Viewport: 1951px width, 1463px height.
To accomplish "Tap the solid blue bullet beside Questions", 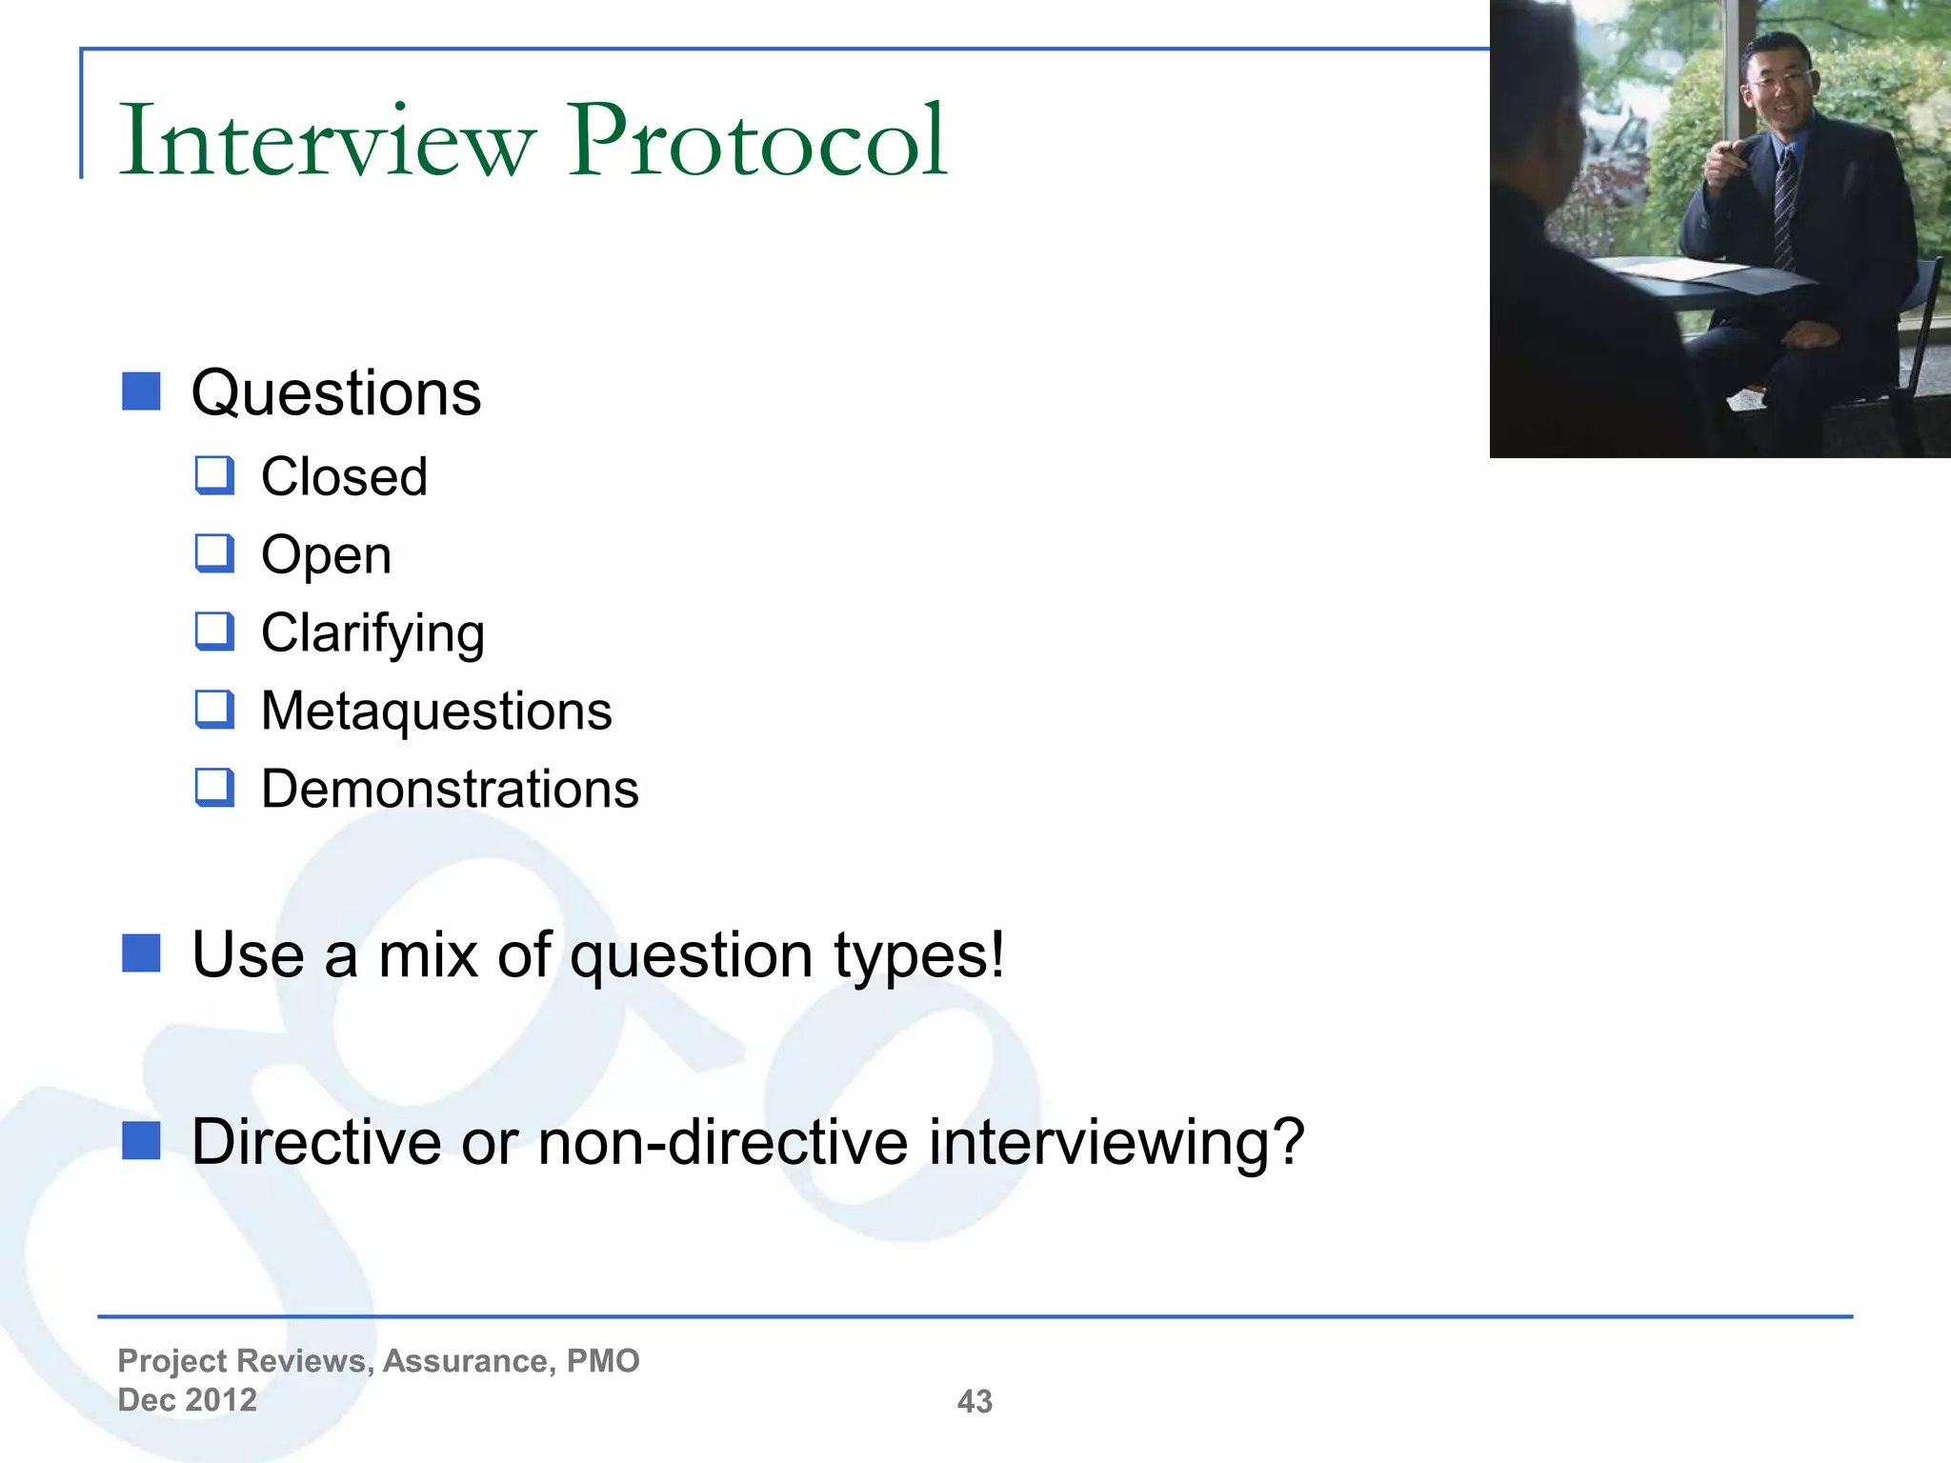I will point(141,391).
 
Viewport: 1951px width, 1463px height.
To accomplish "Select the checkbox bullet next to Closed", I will point(214,475).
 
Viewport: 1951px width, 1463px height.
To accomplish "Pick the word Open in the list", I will point(326,555).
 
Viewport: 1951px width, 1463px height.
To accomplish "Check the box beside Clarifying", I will point(214,631).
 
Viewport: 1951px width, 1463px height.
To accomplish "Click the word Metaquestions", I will point(436,711).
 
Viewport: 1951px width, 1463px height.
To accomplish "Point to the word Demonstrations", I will point(450,790).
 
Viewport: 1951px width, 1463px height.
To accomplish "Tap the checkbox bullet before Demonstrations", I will point(214,788).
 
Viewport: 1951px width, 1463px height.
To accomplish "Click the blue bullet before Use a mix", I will point(141,953).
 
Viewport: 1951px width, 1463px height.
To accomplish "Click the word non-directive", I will point(723,1141).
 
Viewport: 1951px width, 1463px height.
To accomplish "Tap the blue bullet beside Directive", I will point(141,1140).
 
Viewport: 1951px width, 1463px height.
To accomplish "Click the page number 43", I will point(975,1401).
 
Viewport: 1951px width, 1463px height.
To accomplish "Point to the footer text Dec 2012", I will point(187,1400).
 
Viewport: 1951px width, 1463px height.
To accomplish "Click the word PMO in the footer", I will point(603,1361).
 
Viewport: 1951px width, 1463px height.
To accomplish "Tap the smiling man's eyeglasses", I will point(1778,79).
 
